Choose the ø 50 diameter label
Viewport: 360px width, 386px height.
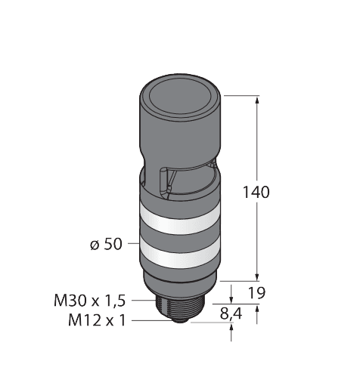tap(106, 244)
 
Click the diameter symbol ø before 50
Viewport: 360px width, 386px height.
tap(94, 244)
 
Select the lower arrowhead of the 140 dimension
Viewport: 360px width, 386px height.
tap(259, 276)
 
